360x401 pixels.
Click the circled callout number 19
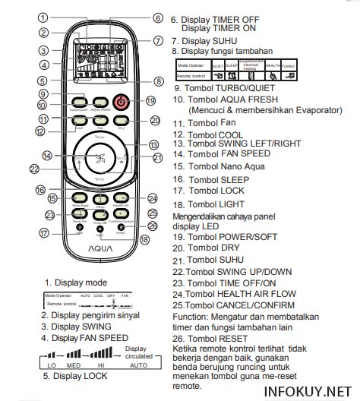pos(151,100)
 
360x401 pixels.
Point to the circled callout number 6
pos(157,17)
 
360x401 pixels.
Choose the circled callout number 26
pos(152,226)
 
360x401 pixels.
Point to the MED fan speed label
pos(75,364)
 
